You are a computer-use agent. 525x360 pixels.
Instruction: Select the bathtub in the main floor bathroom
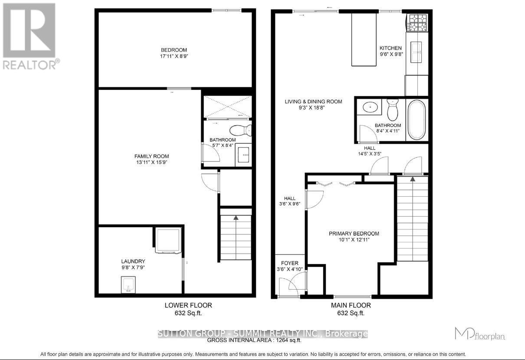[417, 119]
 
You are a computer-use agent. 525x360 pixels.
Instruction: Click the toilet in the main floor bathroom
[392, 110]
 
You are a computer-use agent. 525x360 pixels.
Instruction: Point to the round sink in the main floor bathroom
[370, 106]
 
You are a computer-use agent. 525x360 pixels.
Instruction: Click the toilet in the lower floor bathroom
[240, 130]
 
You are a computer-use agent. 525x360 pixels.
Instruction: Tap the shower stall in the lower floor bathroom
[227, 106]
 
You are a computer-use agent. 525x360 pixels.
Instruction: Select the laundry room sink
[129, 286]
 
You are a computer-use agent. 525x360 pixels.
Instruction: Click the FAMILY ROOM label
[151, 156]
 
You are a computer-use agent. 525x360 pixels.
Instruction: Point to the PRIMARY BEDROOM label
[354, 234]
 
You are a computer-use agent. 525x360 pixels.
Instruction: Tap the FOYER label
[289, 263]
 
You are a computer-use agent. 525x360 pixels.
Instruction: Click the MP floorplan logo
[479, 334]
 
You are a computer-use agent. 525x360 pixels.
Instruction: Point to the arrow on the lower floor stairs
[236, 218]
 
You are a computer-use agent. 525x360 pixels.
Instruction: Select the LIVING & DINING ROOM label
[313, 102]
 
